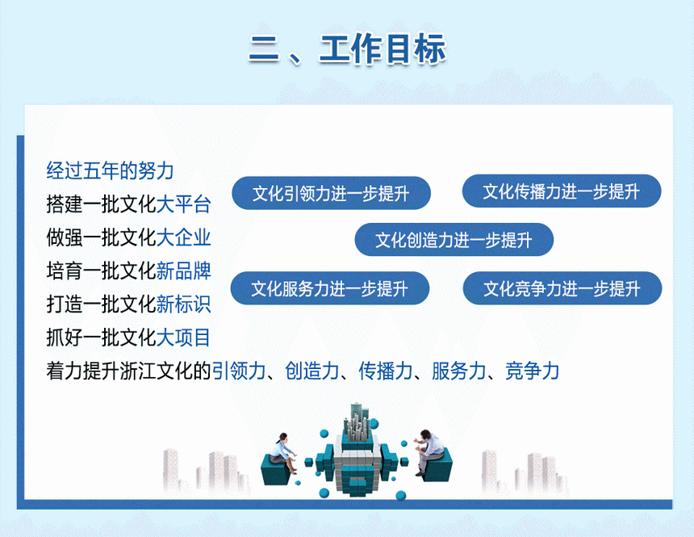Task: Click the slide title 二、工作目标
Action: click(348, 48)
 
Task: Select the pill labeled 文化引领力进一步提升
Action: click(331, 193)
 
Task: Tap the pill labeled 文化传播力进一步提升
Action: click(562, 191)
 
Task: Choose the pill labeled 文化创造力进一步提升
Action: click(454, 240)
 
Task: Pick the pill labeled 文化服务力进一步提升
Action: click(330, 288)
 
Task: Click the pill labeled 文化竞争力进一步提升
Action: click(562, 288)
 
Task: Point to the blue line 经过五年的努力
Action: click(110, 170)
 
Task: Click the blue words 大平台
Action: click(184, 204)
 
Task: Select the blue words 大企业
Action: click(184, 237)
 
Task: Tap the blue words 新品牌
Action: click(184, 271)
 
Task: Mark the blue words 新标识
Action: click(184, 304)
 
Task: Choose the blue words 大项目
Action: click(184, 338)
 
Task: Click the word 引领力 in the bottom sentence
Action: click(239, 371)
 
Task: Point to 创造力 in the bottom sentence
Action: click(312, 371)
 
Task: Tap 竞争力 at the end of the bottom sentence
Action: click(532, 371)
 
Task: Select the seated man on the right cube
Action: click(429, 452)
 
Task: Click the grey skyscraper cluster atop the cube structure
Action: click(357, 422)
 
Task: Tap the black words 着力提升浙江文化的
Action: click(128, 371)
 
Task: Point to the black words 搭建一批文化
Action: click(101, 204)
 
